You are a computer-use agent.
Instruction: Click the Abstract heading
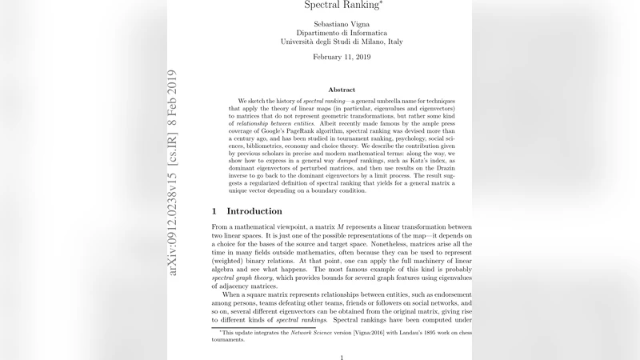[x=342, y=90]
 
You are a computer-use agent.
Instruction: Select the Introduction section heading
[x=254, y=211]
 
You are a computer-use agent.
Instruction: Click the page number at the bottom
[x=342, y=357]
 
